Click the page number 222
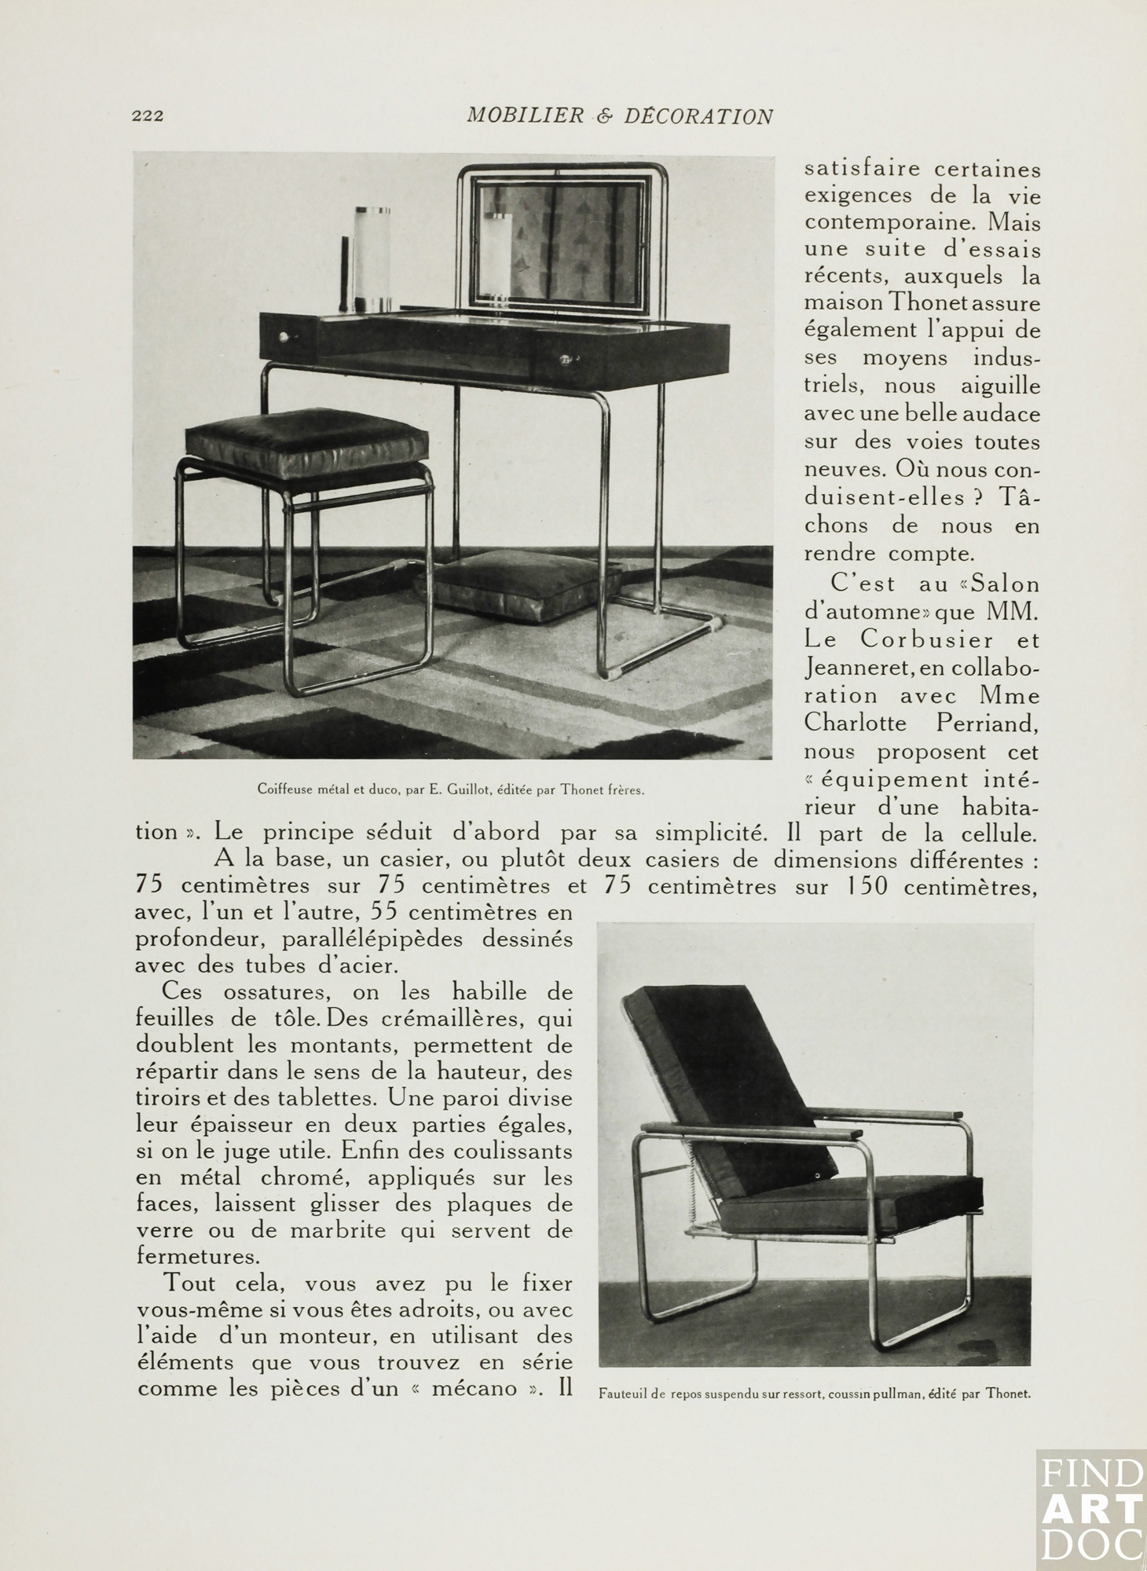(147, 116)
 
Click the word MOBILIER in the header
(525, 116)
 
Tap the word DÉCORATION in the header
(699, 116)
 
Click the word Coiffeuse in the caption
(284, 789)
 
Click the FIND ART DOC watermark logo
(1091, 1510)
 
